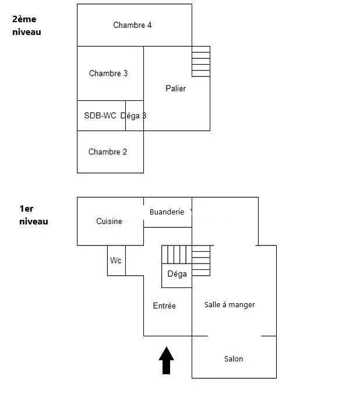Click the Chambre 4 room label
pos(132,25)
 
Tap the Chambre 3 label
pos(108,73)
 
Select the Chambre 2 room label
pos(108,152)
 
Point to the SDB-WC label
pos(100,115)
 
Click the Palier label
pos(175,89)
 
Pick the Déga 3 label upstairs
pos(133,115)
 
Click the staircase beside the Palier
pos(201,61)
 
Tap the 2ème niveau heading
pos(27,25)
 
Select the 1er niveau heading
pos(34,215)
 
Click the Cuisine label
pos(109,221)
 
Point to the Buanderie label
pos(167,212)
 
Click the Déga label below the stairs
pos(177,273)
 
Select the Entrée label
pos(164,305)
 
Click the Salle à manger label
pos(230,304)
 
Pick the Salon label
pos(234,359)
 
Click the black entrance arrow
pos(166,360)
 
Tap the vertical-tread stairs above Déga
pos(177,254)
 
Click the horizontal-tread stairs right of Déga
pos(201,261)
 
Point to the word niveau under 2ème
pos(27,32)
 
